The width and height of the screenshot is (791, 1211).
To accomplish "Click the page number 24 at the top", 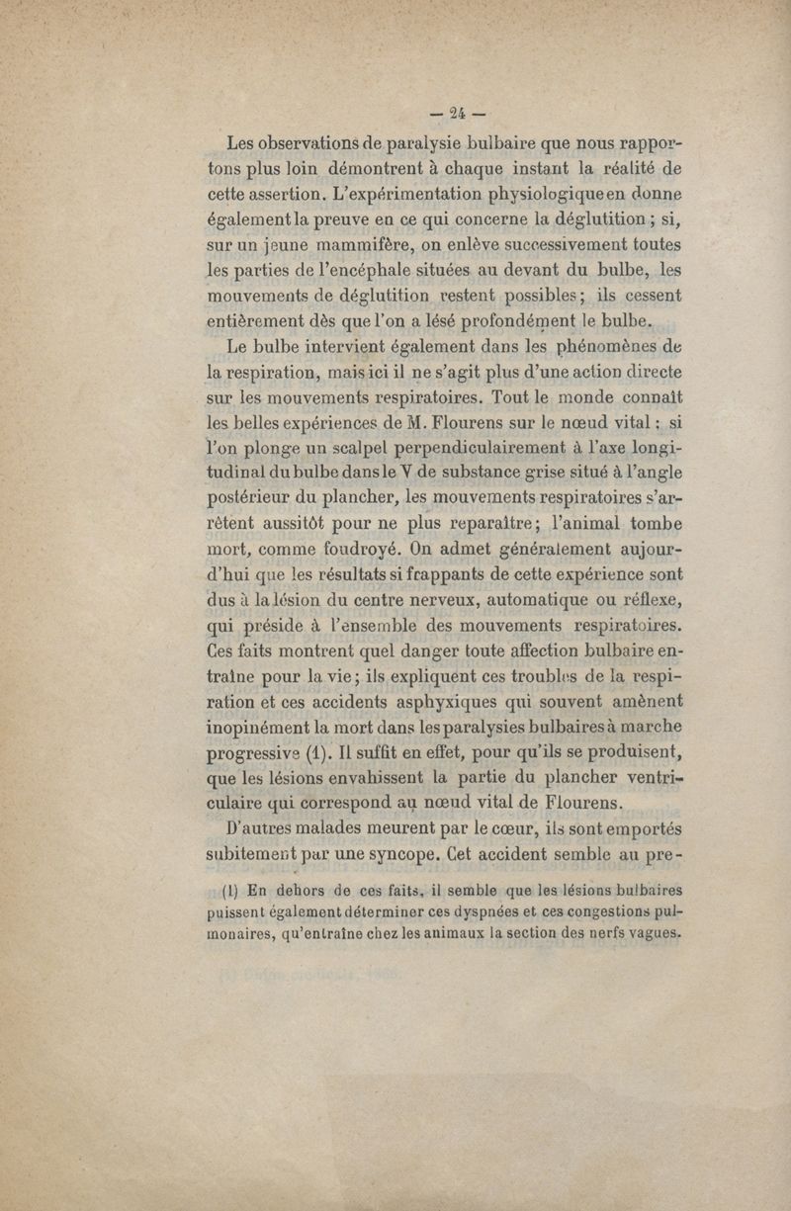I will (x=457, y=111).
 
